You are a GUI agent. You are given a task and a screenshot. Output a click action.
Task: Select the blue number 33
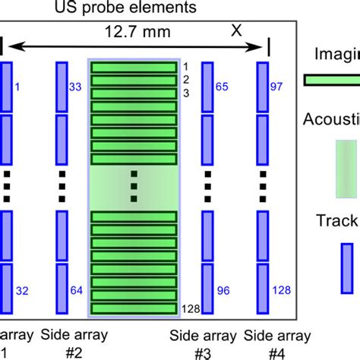point(77,87)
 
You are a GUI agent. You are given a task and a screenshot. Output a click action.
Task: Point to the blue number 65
point(222,87)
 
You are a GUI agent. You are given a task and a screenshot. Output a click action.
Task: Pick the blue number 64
point(77,289)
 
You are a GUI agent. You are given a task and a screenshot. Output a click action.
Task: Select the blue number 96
point(222,289)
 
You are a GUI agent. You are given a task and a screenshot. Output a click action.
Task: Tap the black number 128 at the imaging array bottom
point(189,308)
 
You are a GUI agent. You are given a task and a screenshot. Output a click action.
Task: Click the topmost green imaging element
point(134,68)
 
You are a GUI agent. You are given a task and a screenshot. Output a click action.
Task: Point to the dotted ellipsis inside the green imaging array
point(134,186)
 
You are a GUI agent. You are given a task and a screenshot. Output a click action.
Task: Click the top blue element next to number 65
point(205,87)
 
